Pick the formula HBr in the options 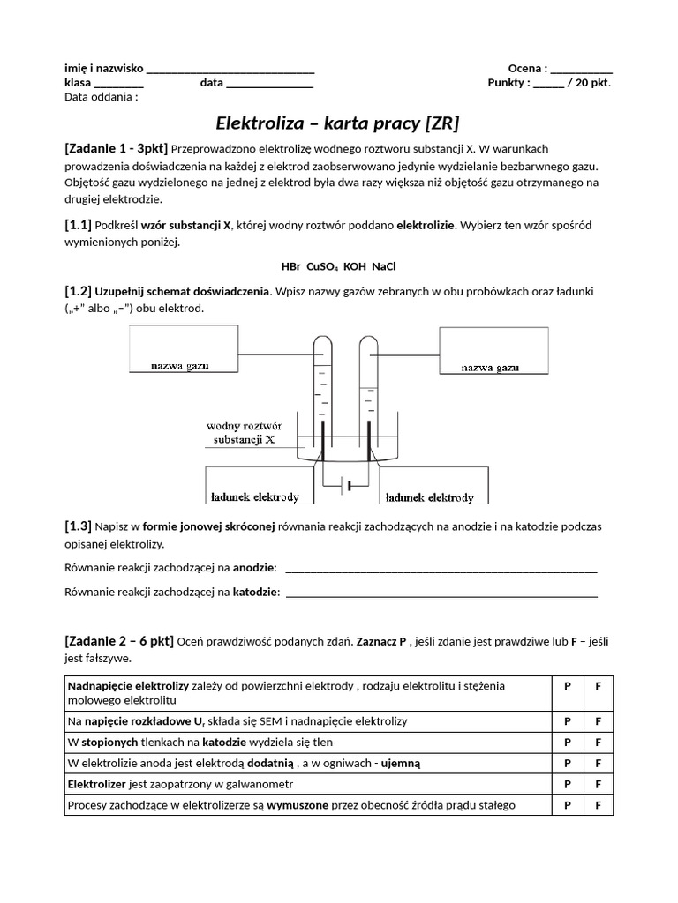click(290, 265)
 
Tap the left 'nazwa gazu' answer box click(184, 348)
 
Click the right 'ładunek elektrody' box click(432, 486)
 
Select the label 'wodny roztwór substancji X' click(244, 431)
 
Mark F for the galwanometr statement click(598, 784)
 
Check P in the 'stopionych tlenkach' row click(568, 742)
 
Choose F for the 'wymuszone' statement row click(598, 805)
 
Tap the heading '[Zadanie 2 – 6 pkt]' click(119, 640)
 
